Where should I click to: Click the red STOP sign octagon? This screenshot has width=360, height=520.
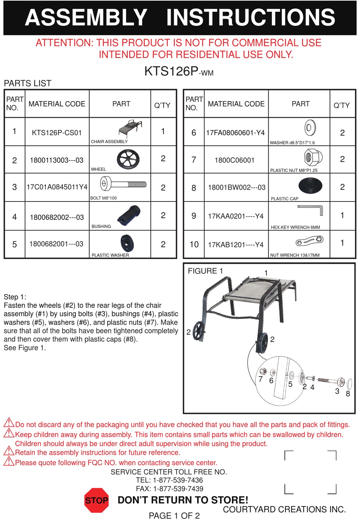tap(97, 500)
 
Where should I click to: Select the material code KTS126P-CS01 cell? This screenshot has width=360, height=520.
tap(57, 133)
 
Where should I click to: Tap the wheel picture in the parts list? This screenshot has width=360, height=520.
tap(128, 159)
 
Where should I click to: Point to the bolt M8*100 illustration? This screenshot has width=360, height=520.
tap(123, 185)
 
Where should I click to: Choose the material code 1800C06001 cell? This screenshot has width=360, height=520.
tap(234, 160)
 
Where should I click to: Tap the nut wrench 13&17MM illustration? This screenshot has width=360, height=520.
tap(309, 240)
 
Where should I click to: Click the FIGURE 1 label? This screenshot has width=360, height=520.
tap(205, 271)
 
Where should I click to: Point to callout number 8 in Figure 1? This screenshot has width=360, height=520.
tap(347, 394)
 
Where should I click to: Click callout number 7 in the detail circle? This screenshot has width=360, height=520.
tap(260, 379)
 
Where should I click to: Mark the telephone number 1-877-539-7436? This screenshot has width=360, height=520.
tap(178, 480)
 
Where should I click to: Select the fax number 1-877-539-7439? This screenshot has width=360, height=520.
tap(178, 489)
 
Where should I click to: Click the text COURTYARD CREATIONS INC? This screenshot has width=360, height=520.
tap(284, 509)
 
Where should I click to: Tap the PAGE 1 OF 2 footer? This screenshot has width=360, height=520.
tap(174, 515)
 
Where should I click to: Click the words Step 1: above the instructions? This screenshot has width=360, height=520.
tap(15, 297)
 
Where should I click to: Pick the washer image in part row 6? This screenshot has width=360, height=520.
tap(310, 128)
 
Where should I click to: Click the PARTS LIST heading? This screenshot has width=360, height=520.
tap(27, 83)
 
